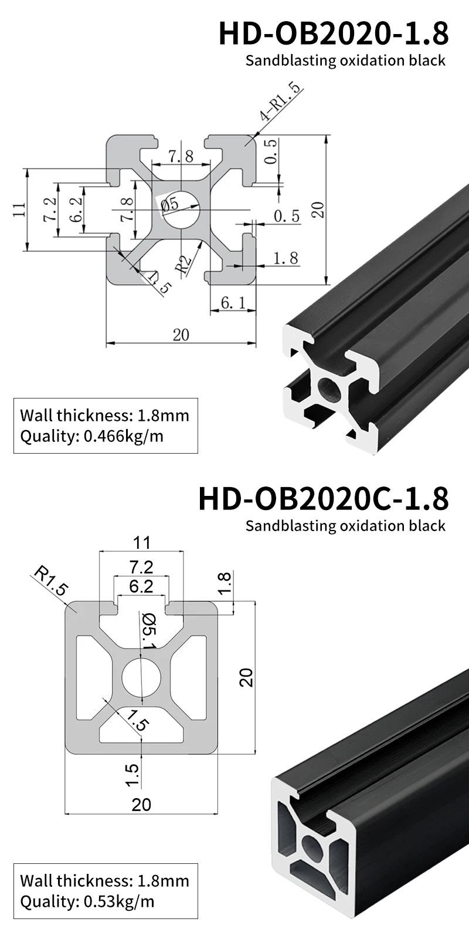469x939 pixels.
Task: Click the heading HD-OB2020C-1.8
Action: [x=324, y=498]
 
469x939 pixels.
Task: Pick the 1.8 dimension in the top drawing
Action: [x=286, y=258]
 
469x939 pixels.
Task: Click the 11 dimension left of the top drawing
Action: [x=18, y=210]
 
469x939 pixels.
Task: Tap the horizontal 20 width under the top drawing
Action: [x=181, y=335]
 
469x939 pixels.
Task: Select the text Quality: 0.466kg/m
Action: [x=91, y=436]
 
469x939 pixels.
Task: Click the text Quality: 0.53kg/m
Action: [x=87, y=901]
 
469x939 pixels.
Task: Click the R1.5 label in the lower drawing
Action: [x=50, y=582]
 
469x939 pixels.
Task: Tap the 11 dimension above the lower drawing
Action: [x=141, y=542]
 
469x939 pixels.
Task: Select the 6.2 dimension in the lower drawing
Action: [x=141, y=586]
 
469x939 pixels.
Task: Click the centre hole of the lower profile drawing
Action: [x=141, y=678]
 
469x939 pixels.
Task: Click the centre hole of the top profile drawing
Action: [x=181, y=210]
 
